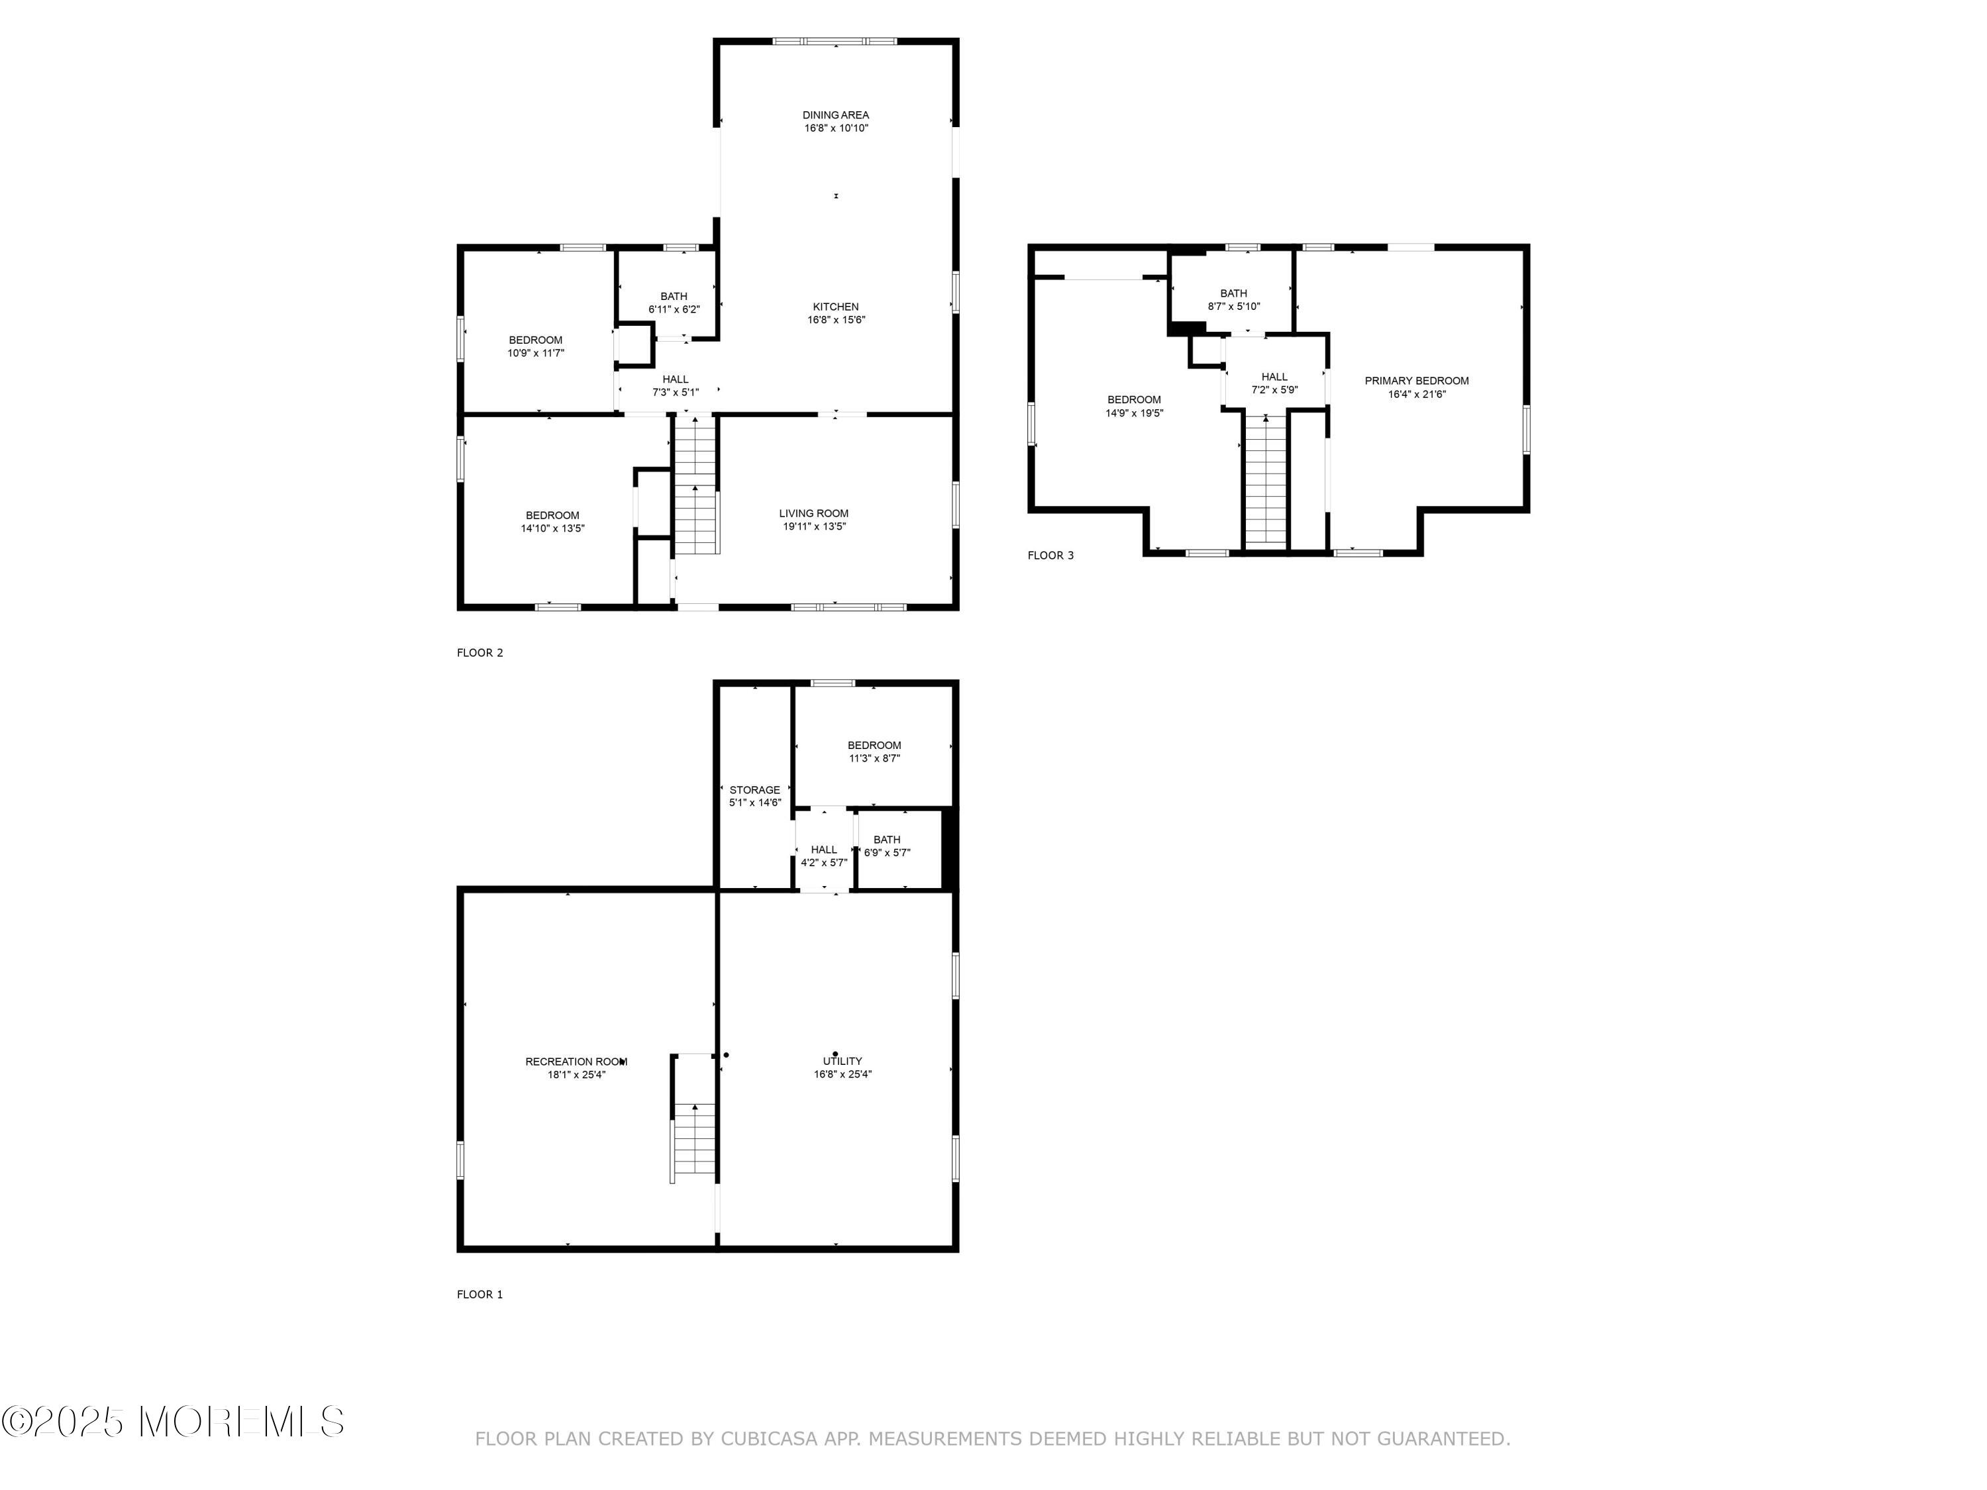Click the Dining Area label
pos(835,115)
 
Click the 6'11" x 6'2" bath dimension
pos(674,309)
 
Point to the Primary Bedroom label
pos(1417,381)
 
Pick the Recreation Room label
pos(576,1062)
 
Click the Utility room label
pos(842,1061)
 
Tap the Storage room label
pos(754,790)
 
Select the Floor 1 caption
pos(480,1294)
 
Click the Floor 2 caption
pos(480,653)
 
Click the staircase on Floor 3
pos(1266,481)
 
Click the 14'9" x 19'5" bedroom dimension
pos(1134,413)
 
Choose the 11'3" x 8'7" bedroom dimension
pos(874,758)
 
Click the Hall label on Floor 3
pos(1275,377)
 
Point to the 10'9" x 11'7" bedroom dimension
pos(535,353)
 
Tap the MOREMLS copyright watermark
pos(172,1422)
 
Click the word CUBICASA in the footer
pos(769,1439)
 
